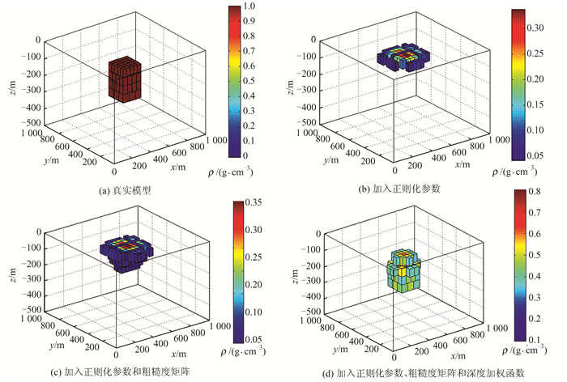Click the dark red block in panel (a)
[125, 81]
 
